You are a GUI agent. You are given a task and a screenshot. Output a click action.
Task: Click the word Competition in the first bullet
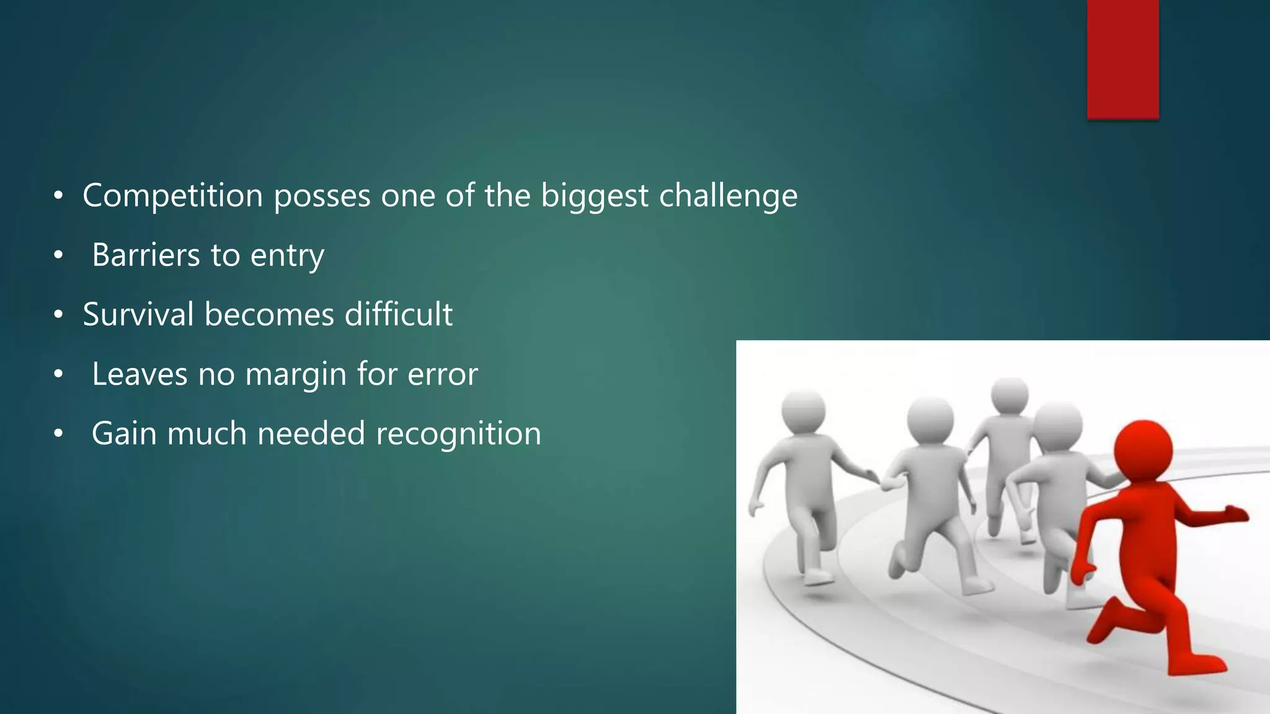pos(173,196)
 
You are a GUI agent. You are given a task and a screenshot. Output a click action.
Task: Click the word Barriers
pos(146,255)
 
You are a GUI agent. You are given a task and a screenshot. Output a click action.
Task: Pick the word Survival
pos(138,314)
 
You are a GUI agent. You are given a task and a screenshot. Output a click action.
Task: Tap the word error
pos(443,374)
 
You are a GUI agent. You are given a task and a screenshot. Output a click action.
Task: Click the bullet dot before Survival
pos(58,315)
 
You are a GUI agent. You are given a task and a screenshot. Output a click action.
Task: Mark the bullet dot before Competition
pos(58,196)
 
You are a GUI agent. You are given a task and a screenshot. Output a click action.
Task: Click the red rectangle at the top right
pos(1122,59)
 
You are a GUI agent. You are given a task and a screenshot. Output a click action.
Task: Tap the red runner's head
pos(1143,451)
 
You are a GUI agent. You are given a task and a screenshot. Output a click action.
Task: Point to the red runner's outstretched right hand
pos(1234,514)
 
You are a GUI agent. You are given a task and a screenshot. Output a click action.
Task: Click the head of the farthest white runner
pos(1010,395)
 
